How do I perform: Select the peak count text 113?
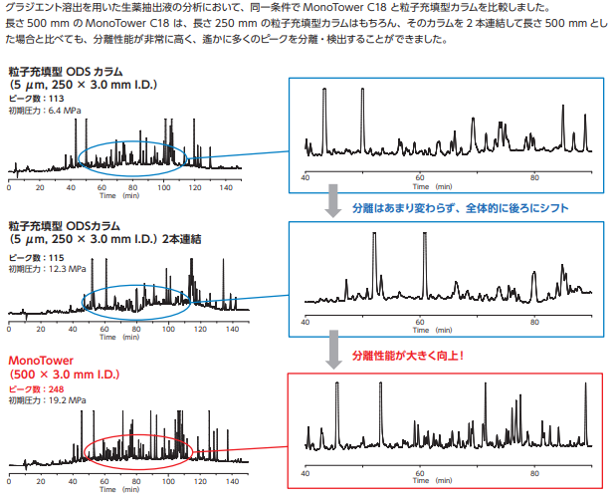point(55,99)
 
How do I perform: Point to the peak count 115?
point(55,258)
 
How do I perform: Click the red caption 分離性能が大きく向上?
point(408,355)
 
